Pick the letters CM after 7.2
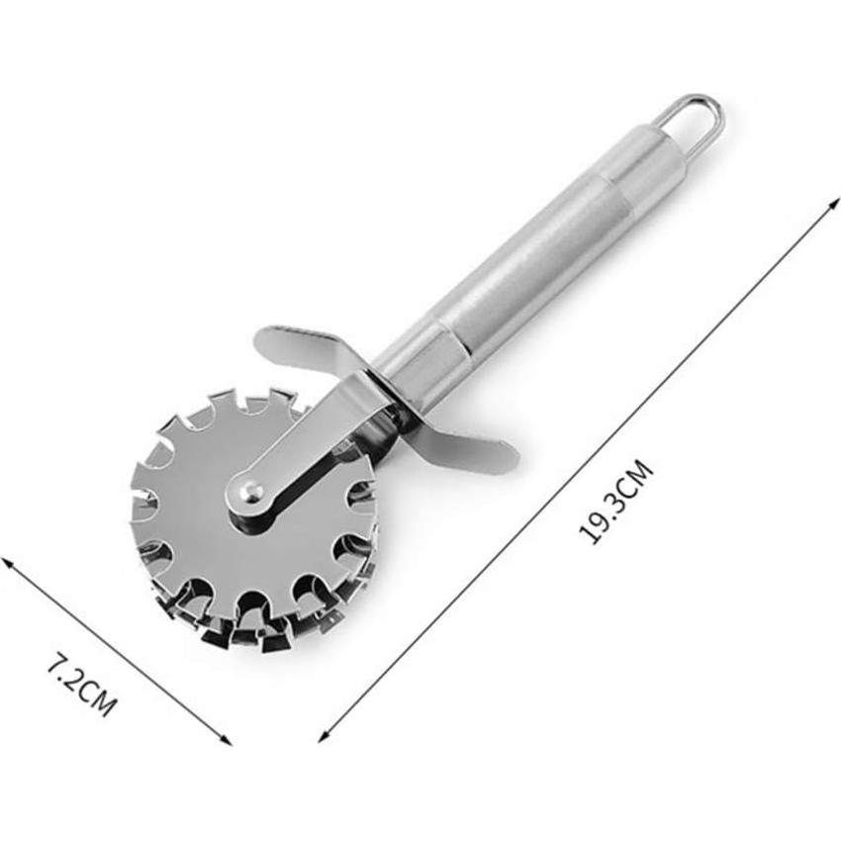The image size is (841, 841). (x=99, y=699)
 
